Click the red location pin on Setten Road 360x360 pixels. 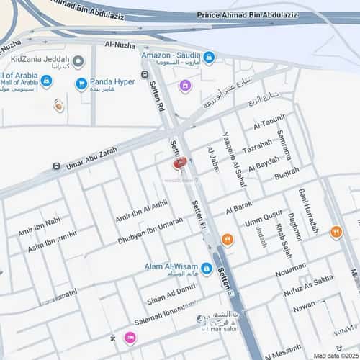pos(179,163)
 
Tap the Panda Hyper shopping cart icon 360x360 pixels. pos(81,83)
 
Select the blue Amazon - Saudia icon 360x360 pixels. pos(209,57)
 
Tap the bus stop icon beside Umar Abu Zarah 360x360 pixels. pos(56,167)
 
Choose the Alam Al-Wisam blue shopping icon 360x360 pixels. pos(207,269)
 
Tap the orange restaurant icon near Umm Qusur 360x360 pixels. pos(228,240)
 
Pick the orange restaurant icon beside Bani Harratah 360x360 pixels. pos(336,232)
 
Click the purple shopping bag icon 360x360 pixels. pos(184,86)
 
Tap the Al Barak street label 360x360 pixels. pos(238,208)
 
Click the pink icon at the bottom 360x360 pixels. pos(130,337)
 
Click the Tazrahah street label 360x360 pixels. pos(257,147)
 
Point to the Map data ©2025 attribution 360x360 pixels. pos(336,355)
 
